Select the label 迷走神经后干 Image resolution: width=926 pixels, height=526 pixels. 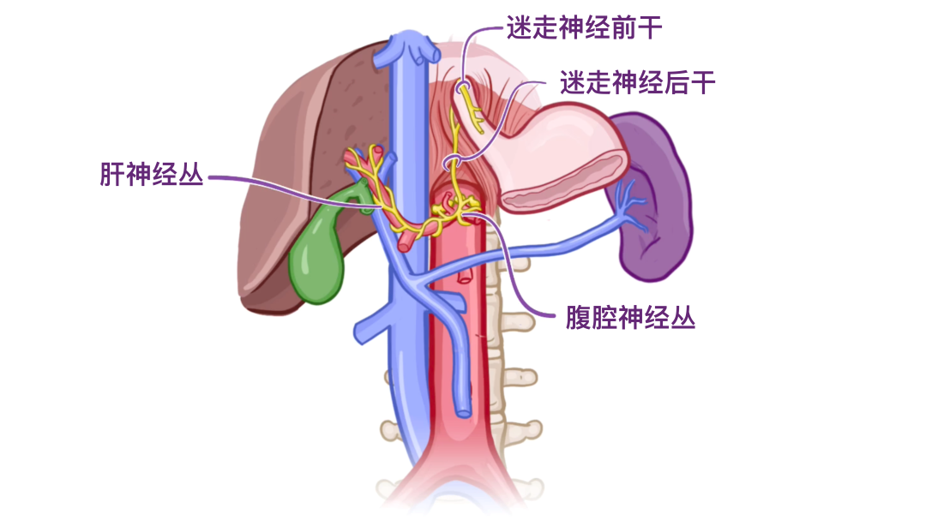[x=638, y=83]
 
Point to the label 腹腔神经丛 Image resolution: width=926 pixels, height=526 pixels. [x=630, y=319]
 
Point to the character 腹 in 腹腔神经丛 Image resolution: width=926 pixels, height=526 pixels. [x=579, y=319]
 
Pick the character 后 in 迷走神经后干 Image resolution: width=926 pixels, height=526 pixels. [x=676, y=83]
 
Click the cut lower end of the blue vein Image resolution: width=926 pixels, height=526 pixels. [x=464, y=410]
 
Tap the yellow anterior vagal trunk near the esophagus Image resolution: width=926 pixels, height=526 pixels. [x=470, y=107]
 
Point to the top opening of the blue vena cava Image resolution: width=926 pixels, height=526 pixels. [x=412, y=43]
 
